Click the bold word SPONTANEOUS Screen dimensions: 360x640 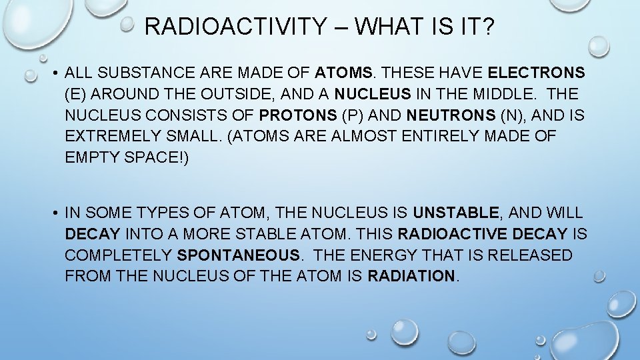coord(239,256)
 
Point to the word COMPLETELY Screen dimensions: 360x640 coord(119,256)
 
